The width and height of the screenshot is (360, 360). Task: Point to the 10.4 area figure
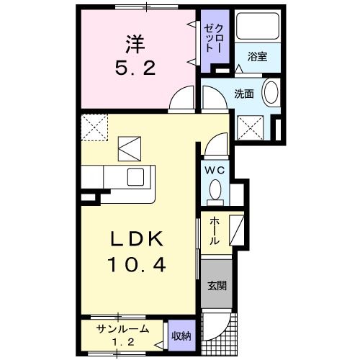click(x=138, y=265)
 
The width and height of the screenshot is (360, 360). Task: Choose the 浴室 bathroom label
click(x=258, y=56)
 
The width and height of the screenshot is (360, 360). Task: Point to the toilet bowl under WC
click(x=215, y=189)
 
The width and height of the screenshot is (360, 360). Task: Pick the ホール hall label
click(x=214, y=231)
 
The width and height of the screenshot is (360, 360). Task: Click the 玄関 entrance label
click(x=216, y=284)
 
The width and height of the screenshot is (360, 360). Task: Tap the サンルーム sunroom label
click(x=124, y=328)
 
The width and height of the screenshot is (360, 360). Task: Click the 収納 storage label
click(x=181, y=335)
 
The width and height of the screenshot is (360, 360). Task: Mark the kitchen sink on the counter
click(x=137, y=177)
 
